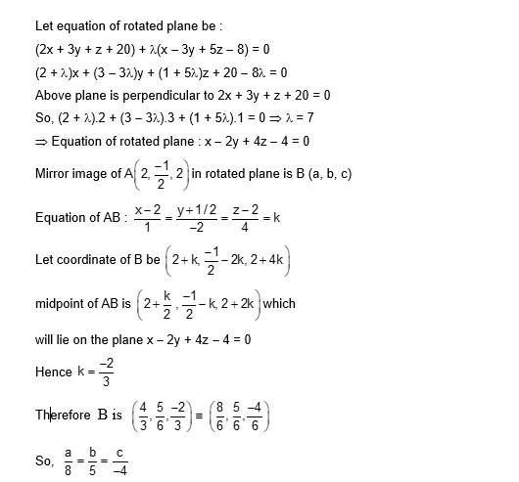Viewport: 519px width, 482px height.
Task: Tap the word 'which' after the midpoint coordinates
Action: [x=279, y=304]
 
